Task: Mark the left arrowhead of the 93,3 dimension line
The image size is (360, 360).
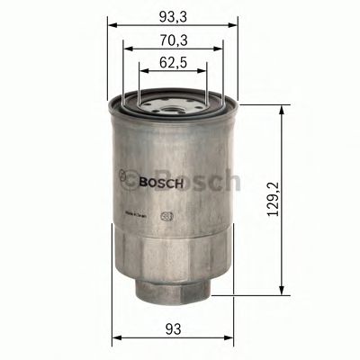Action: tap(112, 24)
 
